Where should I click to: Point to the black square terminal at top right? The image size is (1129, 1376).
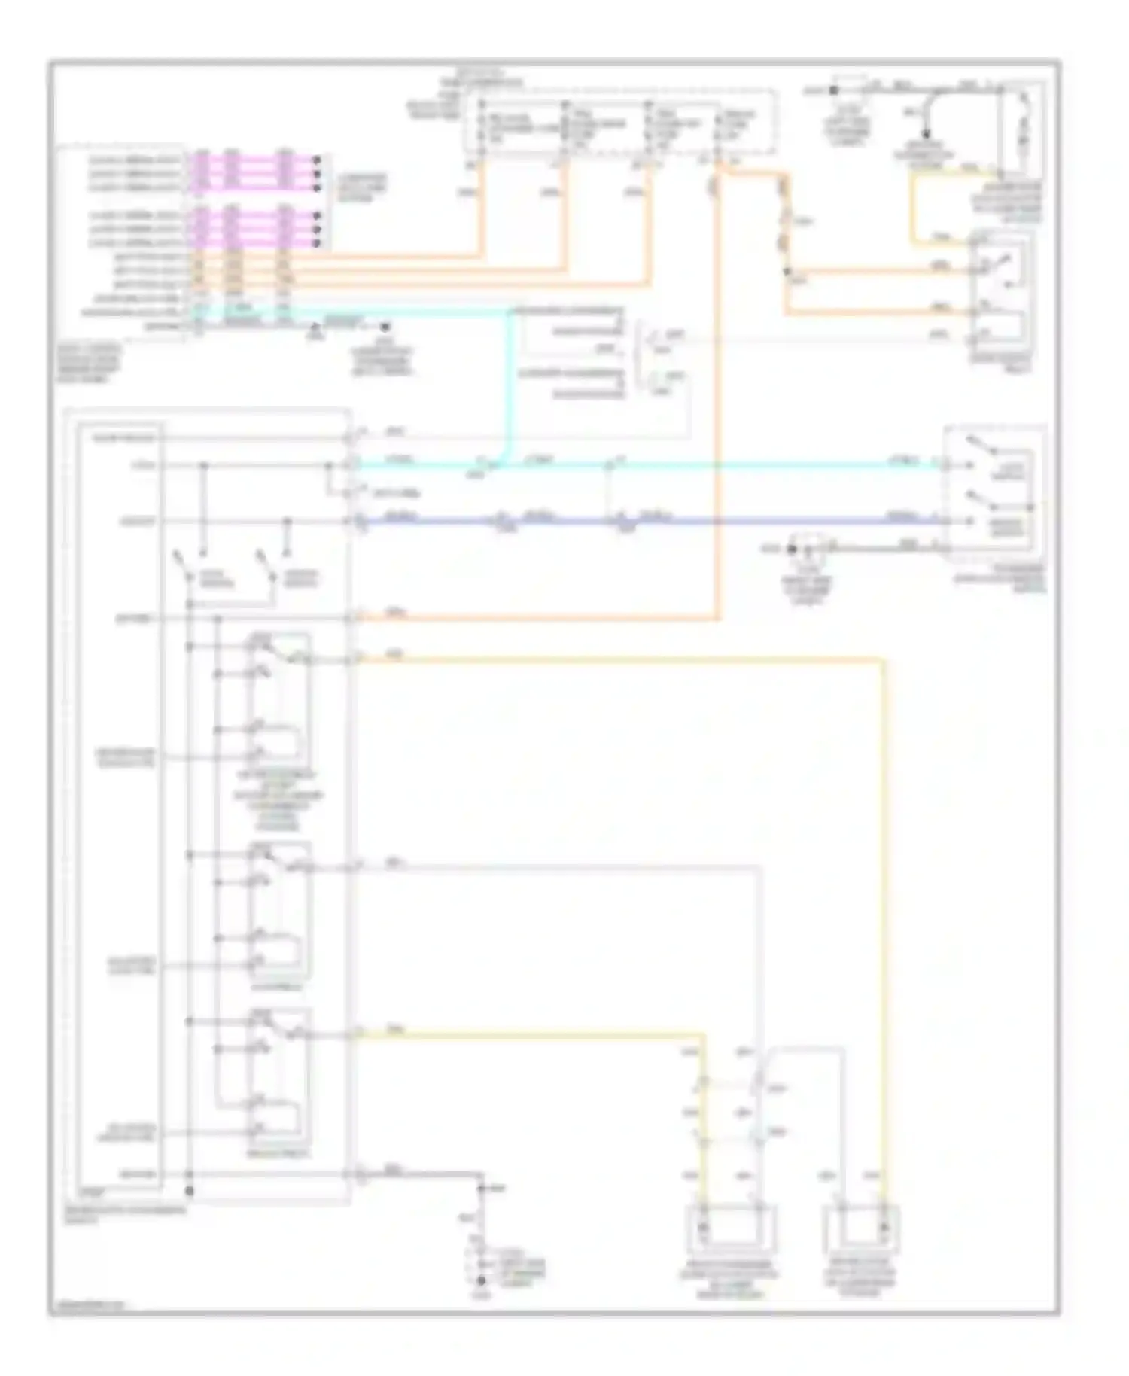click(832, 90)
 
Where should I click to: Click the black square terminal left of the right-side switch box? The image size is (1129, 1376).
click(791, 549)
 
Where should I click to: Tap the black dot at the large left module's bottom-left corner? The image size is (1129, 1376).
click(190, 1191)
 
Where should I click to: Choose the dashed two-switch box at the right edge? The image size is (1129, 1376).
click(995, 494)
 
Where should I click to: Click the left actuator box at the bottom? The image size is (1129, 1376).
click(729, 1229)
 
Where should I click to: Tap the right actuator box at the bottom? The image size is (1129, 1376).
click(861, 1229)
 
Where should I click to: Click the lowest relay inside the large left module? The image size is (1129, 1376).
click(278, 1078)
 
